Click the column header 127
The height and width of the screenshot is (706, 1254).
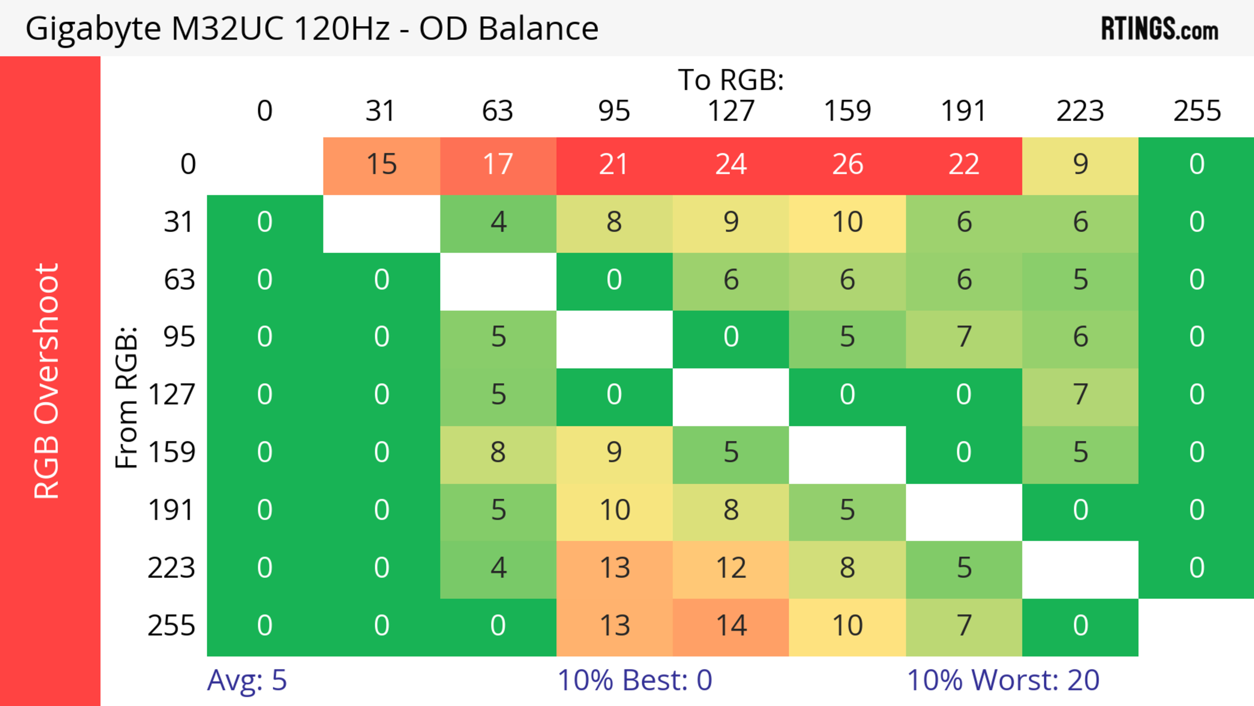click(x=731, y=111)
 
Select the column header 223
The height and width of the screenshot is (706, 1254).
click(x=1080, y=111)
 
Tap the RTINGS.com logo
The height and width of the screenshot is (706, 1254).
click(x=1160, y=29)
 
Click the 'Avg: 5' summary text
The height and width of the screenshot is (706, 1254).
click(x=247, y=680)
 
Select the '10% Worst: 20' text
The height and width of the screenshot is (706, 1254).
click(x=1003, y=680)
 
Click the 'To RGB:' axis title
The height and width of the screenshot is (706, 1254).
click(x=731, y=80)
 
